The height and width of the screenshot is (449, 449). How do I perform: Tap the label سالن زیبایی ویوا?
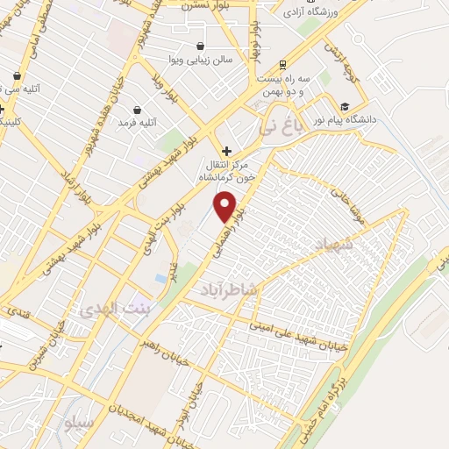[201, 60]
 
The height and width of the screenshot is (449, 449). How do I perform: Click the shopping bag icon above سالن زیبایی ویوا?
[201, 46]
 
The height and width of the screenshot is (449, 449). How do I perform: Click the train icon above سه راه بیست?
[282, 65]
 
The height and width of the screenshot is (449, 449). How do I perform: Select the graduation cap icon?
[345, 106]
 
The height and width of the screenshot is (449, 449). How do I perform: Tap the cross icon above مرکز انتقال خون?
[226, 151]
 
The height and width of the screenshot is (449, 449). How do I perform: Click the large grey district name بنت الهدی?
[115, 309]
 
